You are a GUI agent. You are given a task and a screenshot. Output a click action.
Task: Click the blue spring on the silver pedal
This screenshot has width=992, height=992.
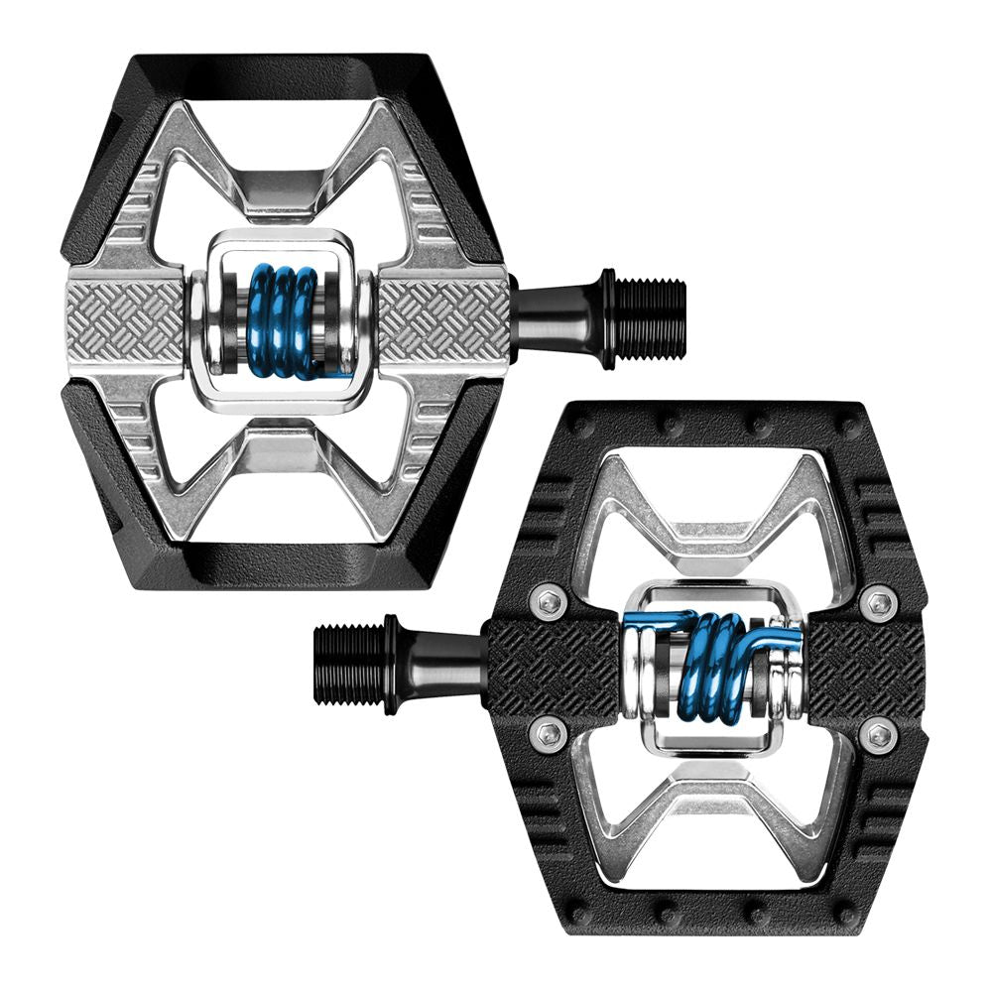pyautogui.click(x=282, y=320)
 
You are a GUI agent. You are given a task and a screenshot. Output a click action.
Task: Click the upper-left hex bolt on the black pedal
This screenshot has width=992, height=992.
pyautogui.click(x=549, y=600)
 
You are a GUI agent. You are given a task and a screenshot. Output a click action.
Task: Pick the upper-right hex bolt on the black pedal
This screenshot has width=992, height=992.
pyautogui.click(x=878, y=602)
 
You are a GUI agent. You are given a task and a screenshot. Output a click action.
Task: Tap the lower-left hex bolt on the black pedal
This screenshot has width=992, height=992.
pyautogui.click(x=549, y=734)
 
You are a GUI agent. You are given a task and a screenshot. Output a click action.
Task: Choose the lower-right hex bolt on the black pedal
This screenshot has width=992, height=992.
pyautogui.click(x=878, y=735)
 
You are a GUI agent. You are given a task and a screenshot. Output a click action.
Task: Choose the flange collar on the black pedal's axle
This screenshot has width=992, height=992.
pyautogui.click(x=392, y=664)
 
